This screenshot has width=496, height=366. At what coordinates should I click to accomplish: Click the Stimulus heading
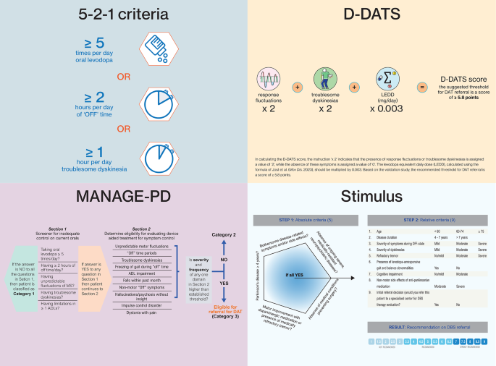pyautogui.click(x=371, y=196)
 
